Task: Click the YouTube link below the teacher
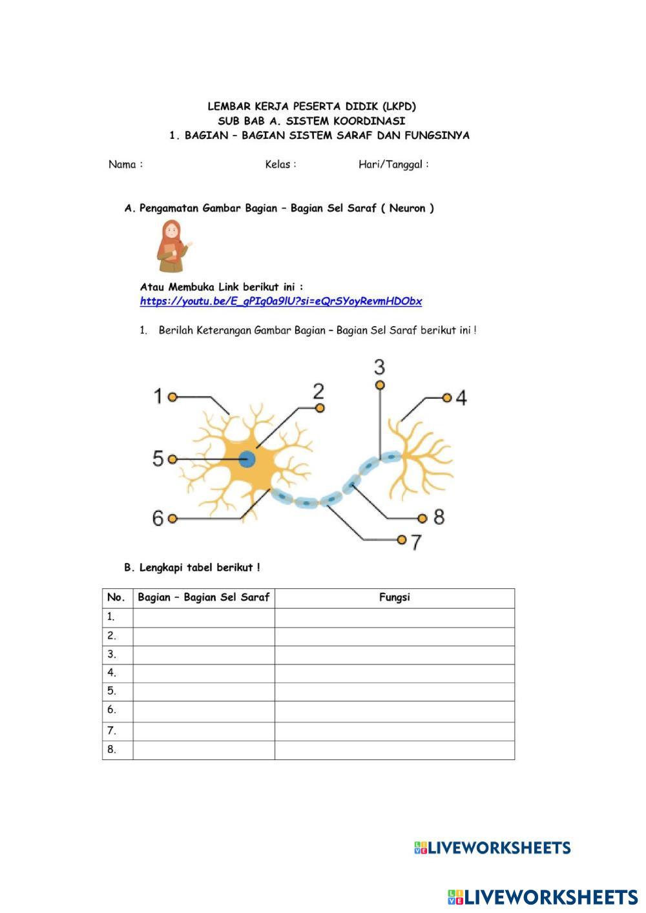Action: pos(281,302)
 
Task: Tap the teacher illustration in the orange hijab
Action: pos(172,246)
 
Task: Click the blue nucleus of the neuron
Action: pos(247,460)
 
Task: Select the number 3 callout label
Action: pos(379,367)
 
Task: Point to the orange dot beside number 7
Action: pos(402,539)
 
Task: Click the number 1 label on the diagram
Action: pos(158,396)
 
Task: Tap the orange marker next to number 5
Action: pos(172,459)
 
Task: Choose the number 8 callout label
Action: pos(439,517)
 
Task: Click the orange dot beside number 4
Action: pos(446,398)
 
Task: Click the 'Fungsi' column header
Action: pos(394,598)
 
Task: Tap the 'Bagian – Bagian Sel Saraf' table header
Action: pos(203,598)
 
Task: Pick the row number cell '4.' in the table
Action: pos(112,673)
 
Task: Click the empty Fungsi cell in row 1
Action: pos(394,617)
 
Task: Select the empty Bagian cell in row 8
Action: pos(203,750)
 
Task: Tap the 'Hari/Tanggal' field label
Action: pos(393,165)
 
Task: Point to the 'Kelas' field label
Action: pos(280,165)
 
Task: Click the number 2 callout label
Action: pos(318,391)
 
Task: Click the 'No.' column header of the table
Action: pos(116,598)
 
